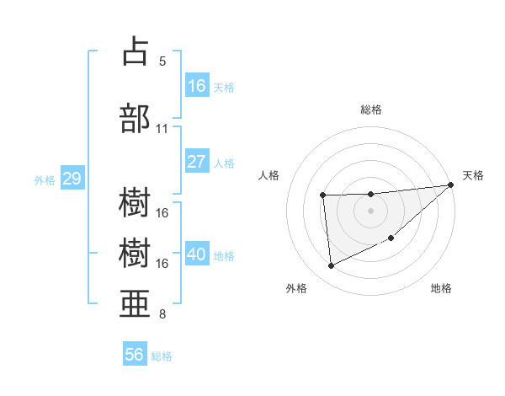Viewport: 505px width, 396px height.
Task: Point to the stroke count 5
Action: (162, 62)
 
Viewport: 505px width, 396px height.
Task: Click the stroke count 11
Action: (162, 129)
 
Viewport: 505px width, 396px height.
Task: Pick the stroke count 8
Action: (162, 315)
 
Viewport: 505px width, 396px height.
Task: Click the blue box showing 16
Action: (197, 86)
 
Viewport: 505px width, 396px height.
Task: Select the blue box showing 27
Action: (197, 163)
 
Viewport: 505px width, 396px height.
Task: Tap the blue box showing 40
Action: (197, 255)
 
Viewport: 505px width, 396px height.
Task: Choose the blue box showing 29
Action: (72, 179)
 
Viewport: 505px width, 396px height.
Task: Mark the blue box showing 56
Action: (135, 356)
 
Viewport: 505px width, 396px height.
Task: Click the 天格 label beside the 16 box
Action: (224, 87)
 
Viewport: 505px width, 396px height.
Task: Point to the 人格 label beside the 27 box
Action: (224, 163)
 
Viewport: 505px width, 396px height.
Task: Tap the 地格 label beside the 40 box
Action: (224, 256)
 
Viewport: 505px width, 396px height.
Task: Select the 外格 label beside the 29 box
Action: (45, 180)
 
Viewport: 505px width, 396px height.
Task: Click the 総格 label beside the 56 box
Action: (162, 356)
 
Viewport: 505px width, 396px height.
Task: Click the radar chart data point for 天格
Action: (451, 185)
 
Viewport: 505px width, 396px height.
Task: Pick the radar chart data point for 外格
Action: (331, 266)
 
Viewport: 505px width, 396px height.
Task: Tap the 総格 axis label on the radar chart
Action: (370, 110)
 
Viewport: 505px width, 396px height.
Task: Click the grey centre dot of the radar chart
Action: (370, 211)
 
